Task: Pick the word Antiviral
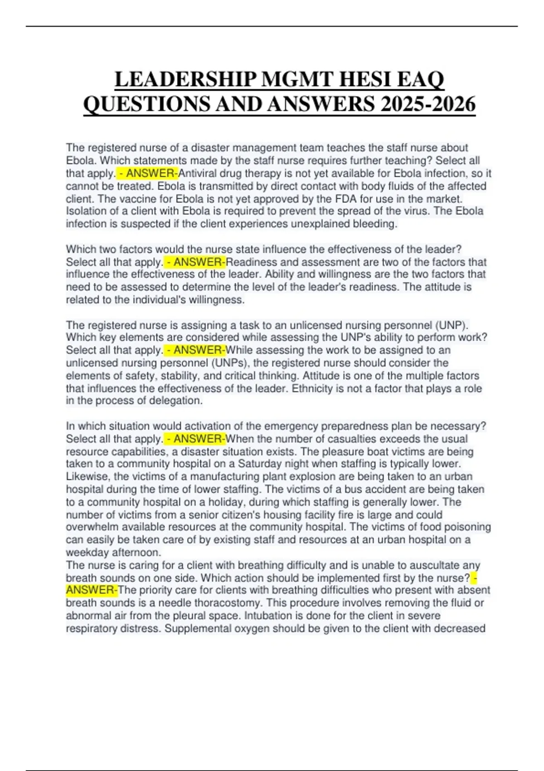(198, 173)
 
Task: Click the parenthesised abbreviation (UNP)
(452, 325)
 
